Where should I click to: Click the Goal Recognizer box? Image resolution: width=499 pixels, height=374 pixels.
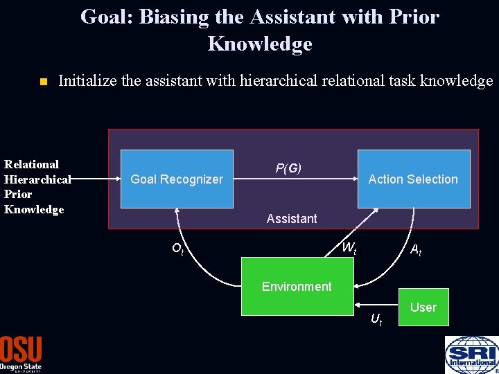click(177, 179)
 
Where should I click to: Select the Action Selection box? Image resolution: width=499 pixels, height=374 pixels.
click(413, 179)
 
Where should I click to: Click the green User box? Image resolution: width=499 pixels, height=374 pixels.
click(423, 307)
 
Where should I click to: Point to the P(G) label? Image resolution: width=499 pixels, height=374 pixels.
click(288, 168)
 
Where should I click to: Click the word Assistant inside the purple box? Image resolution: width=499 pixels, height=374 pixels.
click(292, 219)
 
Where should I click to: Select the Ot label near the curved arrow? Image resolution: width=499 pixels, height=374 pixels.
click(177, 249)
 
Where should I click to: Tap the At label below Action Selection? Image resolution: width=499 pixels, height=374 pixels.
click(416, 251)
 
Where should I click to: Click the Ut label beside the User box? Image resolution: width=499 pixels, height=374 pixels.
click(376, 319)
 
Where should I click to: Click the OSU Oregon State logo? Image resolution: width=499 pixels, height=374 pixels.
click(21, 353)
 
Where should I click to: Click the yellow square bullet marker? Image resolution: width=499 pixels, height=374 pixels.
click(42, 82)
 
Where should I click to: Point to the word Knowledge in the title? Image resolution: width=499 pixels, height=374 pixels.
click(259, 44)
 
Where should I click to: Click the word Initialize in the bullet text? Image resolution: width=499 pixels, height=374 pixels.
click(87, 81)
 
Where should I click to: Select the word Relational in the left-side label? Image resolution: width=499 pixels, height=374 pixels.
click(32, 164)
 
